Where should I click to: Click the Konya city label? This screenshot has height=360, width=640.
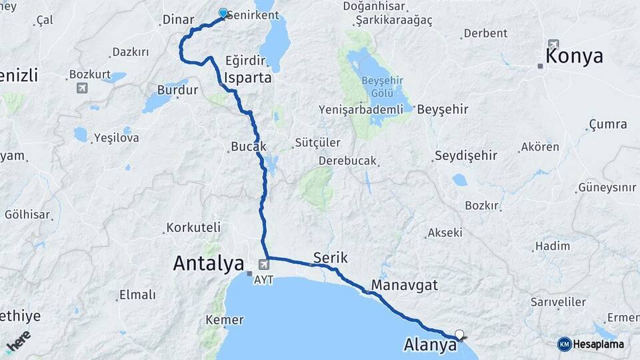[574, 56]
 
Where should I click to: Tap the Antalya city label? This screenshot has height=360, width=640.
[208, 263]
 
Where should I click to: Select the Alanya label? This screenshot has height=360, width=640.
[430, 345]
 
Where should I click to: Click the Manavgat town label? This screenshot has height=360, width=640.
[404, 285]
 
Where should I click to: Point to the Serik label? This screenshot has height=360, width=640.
[330, 257]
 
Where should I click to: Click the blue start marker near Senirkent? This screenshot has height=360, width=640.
[223, 13]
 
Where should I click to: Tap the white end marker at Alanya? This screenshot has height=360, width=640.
[459, 333]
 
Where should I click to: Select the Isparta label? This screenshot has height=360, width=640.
[248, 77]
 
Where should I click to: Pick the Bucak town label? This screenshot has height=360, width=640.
[248, 146]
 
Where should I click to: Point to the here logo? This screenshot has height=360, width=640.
[18, 342]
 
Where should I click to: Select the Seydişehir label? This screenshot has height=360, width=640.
[466, 156]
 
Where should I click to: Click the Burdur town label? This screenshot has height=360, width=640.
[177, 89]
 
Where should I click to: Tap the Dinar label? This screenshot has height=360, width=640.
[178, 20]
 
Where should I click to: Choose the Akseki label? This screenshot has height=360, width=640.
[445, 233]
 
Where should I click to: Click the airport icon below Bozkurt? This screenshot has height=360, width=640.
[81, 87]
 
